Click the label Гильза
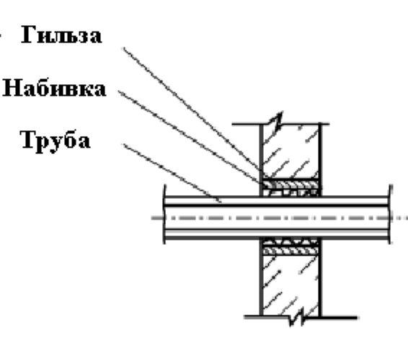point(61,35)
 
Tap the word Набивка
point(54,88)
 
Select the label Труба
point(56,141)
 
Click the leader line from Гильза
point(192,109)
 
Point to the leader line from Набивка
point(190,137)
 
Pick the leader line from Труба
point(172,173)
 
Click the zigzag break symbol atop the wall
point(277,121)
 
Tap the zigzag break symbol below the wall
point(297,316)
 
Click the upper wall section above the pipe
point(291,151)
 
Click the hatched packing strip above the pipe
point(291,184)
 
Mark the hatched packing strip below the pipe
point(291,251)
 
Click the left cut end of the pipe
point(164,214)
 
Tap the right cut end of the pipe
point(390,214)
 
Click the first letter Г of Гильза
point(28,35)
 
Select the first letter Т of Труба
point(29,139)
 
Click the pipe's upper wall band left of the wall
point(213,201)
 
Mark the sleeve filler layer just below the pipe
point(291,243)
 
